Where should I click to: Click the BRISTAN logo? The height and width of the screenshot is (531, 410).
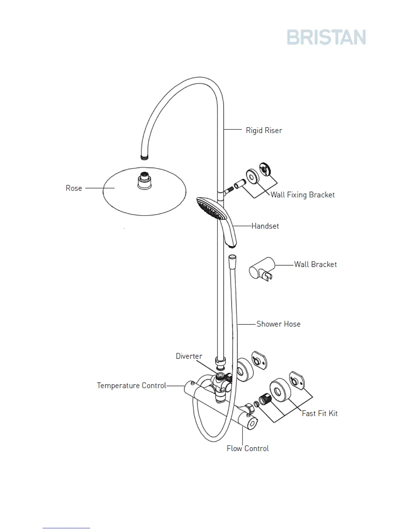pos(326,37)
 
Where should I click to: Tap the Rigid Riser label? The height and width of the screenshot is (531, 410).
pos(264,130)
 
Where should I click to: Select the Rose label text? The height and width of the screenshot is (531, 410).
pos(74,188)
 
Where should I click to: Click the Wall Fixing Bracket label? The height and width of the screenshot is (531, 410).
pos(302,195)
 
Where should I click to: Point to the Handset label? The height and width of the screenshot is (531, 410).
pos(265,226)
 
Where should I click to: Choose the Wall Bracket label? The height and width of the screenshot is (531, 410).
pos(315,264)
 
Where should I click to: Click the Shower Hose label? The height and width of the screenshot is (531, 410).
pos(278,324)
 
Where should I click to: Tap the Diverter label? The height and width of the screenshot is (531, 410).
pos(189,356)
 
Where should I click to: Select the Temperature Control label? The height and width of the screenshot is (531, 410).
pos(131,386)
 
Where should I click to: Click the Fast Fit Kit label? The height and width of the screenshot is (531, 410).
pos(320,413)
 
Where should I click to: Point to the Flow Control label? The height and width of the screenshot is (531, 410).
pos(248,449)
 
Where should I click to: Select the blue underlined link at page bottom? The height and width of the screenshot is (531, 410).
pos(66,528)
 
